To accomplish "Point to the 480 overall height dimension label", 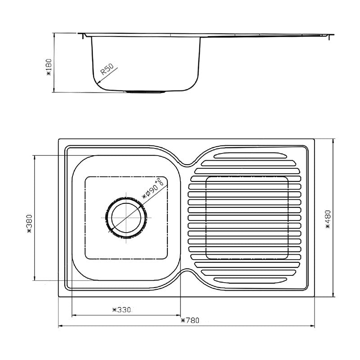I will point(328,219).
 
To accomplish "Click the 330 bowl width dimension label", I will point(121,310).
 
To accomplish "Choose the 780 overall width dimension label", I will point(190,321).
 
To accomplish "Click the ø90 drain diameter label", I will point(153,188).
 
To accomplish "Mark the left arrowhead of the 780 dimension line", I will point(60,326).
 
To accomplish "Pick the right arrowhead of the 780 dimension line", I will point(314,326).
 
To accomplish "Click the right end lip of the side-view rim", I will point(332,34).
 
